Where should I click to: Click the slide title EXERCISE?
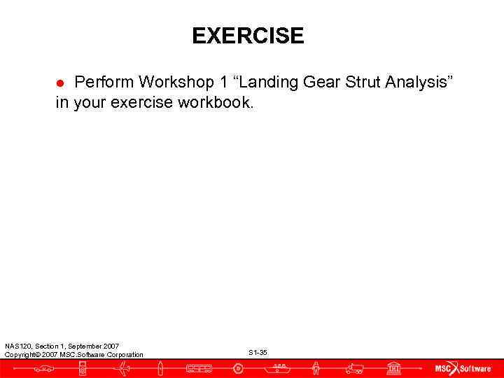[x=248, y=36]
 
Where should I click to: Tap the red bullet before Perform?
[x=60, y=83]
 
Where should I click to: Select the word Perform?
[x=102, y=83]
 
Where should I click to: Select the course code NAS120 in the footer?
[x=15, y=346]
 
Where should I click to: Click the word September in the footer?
[x=86, y=346]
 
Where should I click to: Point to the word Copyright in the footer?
[x=20, y=355]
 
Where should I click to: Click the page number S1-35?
[x=258, y=352]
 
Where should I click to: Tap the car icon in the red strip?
[x=43, y=368]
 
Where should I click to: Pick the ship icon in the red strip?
[x=279, y=367]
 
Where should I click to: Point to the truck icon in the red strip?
[x=354, y=368]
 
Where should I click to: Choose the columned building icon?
[x=393, y=368]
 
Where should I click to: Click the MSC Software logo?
[x=463, y=368]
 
